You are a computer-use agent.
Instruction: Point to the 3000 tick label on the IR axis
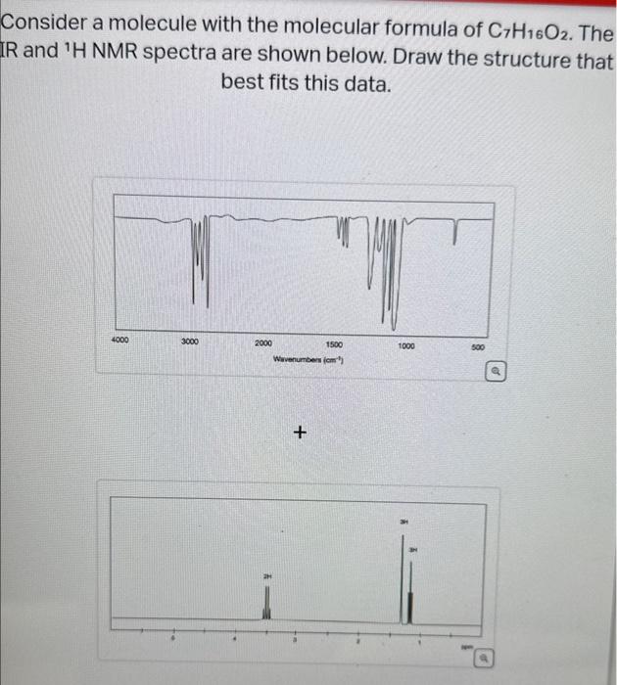point(191,342)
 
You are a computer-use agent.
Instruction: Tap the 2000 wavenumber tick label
point(263,343)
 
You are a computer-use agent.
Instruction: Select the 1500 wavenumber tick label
point(334,344)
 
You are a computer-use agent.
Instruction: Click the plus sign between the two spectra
point(301,432)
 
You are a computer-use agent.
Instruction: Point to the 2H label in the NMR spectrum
point(264,576)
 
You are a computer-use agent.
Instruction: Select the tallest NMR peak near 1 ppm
point(402,577)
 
